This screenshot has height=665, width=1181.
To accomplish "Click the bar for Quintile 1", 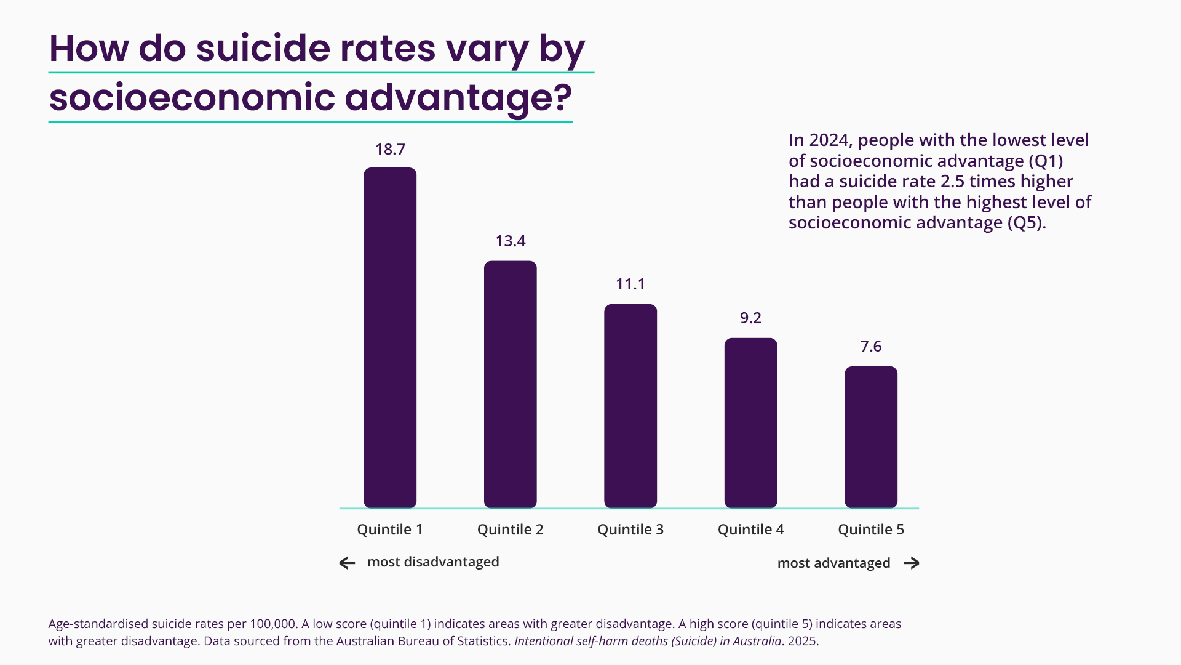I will pyautogui.click(x=390, y=337).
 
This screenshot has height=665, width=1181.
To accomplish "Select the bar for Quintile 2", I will pyautogui.click(x=510, y=384).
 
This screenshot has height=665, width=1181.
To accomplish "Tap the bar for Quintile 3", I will pyautogui.click(x=630, y=406).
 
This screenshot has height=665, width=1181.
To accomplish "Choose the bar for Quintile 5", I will pyautogui.click(x=871, y=437).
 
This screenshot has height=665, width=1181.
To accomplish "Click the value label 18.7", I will pyautogui.click(x=390, y=150).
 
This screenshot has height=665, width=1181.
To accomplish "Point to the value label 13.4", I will pyautogui.click(x=511, y=241).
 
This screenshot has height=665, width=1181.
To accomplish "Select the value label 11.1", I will pyautogui.click(x=630, y=284).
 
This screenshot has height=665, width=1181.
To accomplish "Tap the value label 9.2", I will pyautogui.click(x=750, y=318).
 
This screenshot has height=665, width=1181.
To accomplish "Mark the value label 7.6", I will pyautogui.click(x=871, y=347).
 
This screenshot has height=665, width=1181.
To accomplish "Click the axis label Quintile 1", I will pyautogui.click(x=390, y=530).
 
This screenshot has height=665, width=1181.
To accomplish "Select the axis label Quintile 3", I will pyautogui.click(x=630, y=530).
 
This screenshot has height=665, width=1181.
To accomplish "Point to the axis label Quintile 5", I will pyautogui.click(x=871, y=530).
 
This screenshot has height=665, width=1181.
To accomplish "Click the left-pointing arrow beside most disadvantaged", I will pyautogui.click(x=348, y=563).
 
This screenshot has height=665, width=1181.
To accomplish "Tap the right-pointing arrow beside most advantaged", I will pyautogui.click(x=912, y=563).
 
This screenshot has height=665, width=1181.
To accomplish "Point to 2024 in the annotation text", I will pyautogui.click(x=829, y=140).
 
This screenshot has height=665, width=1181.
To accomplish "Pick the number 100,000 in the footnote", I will pyautogui.click(x=272, y=624).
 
